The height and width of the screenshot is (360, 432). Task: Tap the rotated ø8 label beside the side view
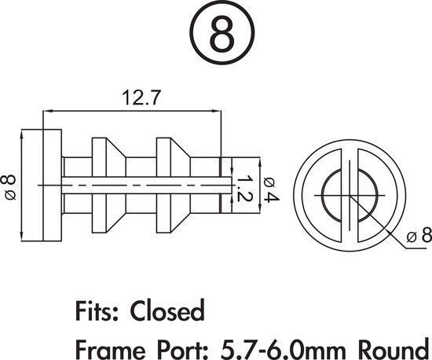[x=10, y=188]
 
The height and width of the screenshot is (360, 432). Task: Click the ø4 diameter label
[x=266, y=187]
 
